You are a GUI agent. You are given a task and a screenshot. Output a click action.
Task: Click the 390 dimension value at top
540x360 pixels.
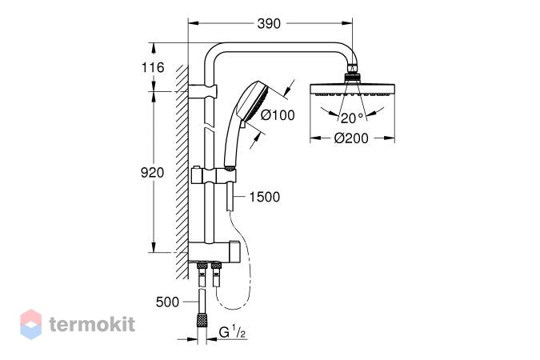(x=269, y=24)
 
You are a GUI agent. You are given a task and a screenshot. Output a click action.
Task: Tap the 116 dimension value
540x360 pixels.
(x=153, y=67)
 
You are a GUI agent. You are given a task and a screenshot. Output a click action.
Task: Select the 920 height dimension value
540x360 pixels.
(x=153, y=173)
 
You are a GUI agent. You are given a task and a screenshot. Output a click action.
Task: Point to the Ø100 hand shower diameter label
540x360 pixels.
(x=278, y=115)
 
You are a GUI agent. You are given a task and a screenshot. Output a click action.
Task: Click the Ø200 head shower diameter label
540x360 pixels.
(x=351, y=138)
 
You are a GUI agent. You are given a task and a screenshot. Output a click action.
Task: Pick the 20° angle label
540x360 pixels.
(x=352, y=118)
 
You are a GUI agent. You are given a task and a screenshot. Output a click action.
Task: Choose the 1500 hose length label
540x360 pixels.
(x=265, y=197)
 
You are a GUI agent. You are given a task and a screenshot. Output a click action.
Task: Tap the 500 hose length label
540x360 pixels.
(x=167, y=302)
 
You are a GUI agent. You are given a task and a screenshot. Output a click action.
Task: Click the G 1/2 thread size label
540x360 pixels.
(x=232, y=333)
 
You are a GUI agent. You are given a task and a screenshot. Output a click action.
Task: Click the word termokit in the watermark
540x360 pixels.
(x=92, y=325)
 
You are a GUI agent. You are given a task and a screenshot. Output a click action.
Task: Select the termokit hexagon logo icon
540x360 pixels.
(x=31, y=324)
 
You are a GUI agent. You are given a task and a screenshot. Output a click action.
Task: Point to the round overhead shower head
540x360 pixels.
(x=352, y=90)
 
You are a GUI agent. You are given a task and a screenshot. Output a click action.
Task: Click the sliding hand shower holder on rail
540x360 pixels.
(x=214, y=177)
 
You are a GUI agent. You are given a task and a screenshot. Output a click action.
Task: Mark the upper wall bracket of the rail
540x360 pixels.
(x=203, y=91)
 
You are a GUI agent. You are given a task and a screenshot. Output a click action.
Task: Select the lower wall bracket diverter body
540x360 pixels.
(x=214, y=251)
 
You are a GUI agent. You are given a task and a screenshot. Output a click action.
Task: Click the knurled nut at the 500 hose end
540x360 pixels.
(x=201, y=320)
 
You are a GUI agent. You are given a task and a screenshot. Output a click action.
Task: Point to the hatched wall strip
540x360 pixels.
(x=182, y=172)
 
